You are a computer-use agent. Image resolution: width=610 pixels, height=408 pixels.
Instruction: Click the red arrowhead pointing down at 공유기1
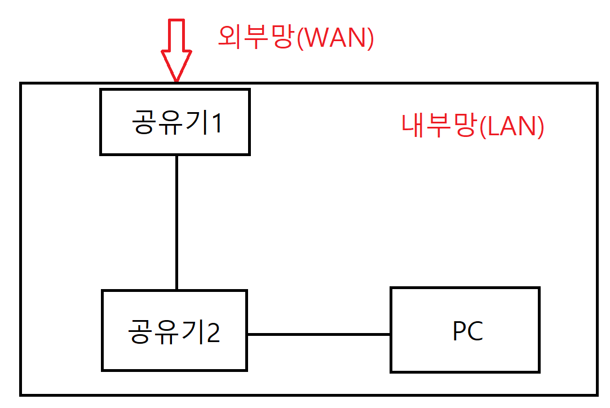176,65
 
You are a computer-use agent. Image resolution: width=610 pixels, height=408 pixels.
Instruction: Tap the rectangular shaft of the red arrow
176,35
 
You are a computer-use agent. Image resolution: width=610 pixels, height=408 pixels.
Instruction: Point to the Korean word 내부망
439,126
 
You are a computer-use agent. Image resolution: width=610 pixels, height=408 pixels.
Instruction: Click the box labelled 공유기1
175,121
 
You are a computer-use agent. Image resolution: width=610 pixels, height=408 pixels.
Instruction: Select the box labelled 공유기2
174,330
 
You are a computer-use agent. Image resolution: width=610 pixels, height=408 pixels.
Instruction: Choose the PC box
465,330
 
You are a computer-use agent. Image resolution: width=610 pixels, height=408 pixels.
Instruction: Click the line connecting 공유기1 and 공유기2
176,223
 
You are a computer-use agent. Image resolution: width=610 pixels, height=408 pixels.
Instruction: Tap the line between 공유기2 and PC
319,334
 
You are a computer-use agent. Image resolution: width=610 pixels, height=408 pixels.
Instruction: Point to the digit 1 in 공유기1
215,123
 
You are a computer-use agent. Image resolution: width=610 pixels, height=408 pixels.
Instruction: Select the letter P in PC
459,332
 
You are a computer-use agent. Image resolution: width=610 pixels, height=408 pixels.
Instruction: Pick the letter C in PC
476,332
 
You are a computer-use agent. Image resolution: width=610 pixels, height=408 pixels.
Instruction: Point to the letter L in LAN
493,126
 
